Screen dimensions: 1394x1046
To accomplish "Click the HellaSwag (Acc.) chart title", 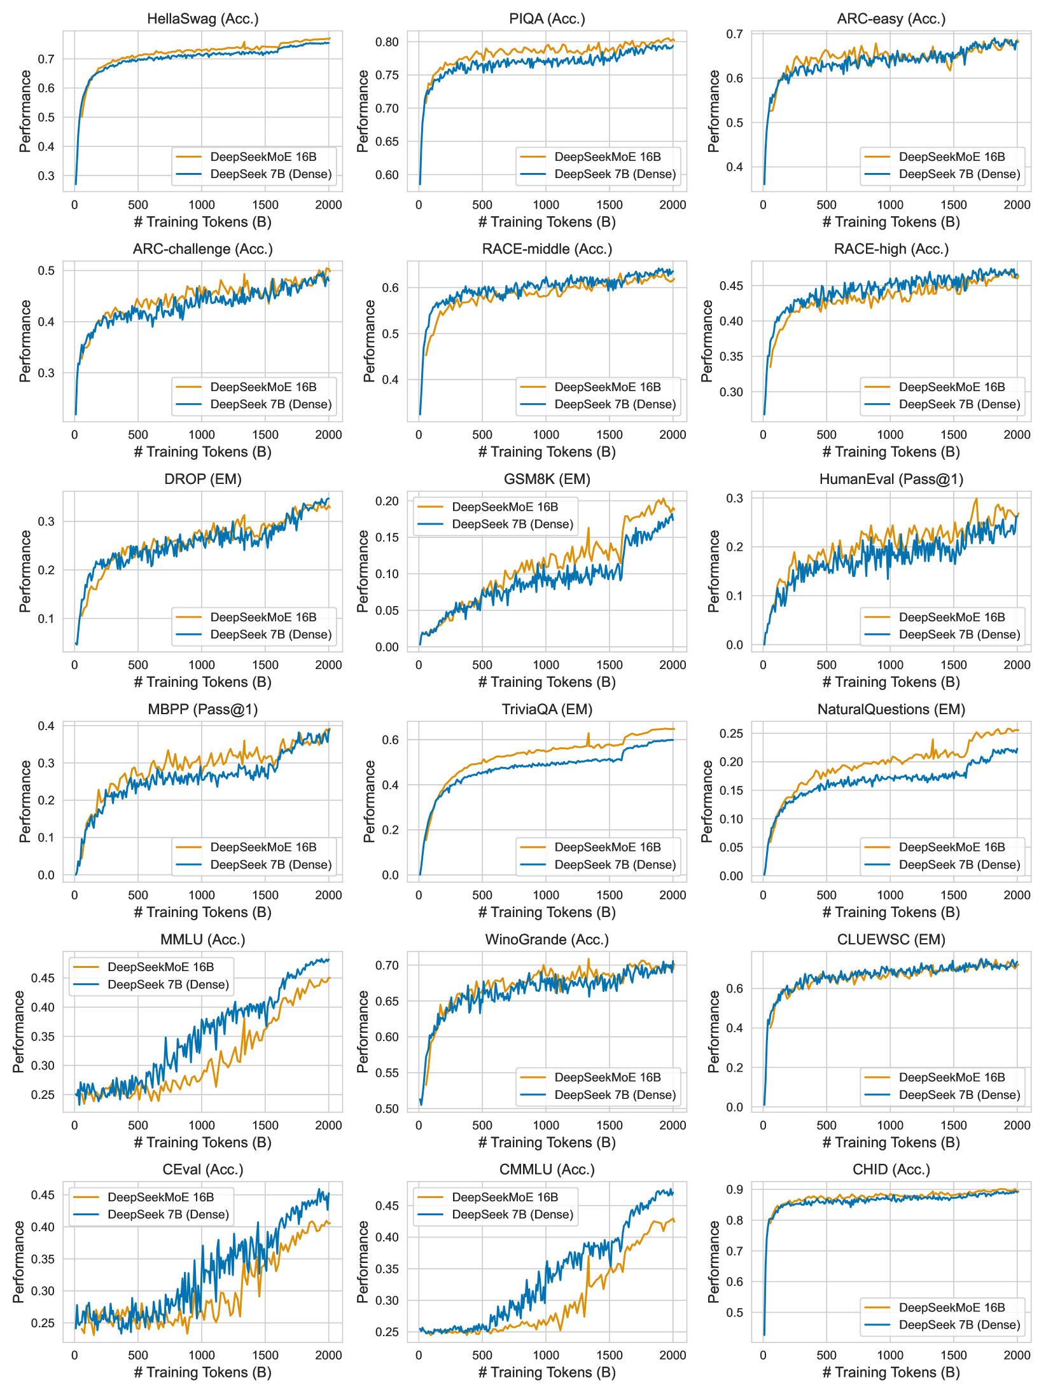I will (203, 19).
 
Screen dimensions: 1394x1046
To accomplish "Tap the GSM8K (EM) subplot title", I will (547, 480).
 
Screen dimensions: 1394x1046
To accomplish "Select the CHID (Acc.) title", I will (891, 1170).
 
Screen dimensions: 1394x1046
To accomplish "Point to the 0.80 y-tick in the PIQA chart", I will (387, 43).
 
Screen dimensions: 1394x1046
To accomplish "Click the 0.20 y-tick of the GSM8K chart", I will (387, 501).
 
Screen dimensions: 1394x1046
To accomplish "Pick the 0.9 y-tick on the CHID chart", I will (735, 1189).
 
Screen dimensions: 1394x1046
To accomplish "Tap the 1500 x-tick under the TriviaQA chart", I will (610, 895).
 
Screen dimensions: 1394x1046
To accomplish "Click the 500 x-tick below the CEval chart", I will (138, 1355).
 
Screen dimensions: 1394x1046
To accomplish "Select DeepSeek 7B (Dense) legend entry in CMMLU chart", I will (512, 1215).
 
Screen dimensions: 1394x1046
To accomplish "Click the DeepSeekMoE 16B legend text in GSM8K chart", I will (505, 507).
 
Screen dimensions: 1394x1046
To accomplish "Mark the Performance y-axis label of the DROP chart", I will (25, 571).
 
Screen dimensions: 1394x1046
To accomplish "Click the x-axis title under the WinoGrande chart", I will (547, 1143).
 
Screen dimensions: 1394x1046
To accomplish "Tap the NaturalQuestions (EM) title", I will (891, 710).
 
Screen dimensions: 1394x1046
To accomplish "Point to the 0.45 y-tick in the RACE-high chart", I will (731, 286).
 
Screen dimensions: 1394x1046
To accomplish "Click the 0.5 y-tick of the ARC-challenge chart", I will (46, 271).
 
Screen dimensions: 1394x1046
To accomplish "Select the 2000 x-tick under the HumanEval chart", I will (1017, 665).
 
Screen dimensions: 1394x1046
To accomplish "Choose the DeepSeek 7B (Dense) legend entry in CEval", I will (168, 1215).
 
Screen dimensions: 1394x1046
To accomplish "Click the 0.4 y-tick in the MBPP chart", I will (46, 726).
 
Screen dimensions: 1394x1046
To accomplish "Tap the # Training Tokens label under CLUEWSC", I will (891, 1143).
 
